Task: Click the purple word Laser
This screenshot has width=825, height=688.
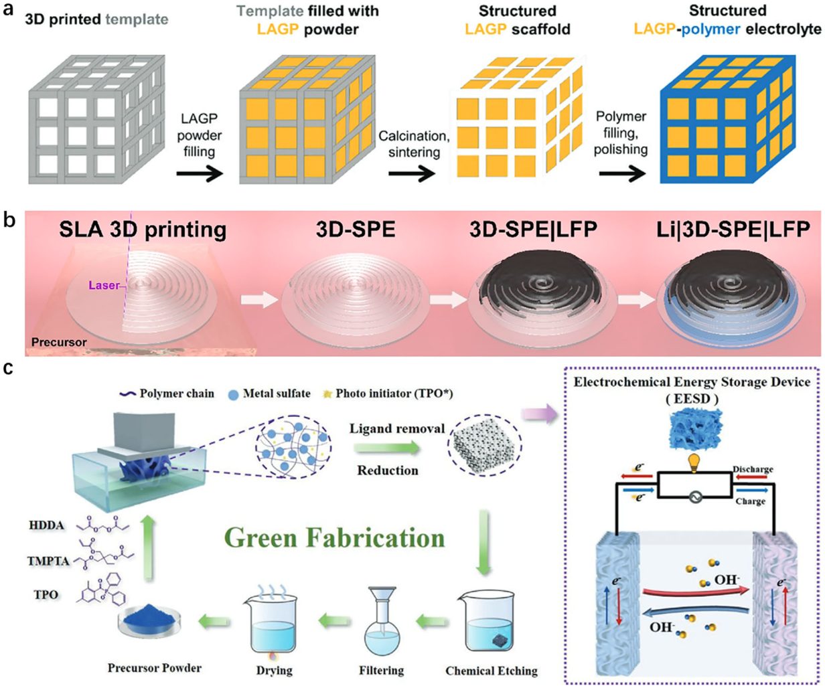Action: point(104,284)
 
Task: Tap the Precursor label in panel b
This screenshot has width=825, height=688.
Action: point(59,342)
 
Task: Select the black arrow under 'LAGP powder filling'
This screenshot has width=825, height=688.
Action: point(200,173)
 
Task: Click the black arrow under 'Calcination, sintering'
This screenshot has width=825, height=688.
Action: point(412,173)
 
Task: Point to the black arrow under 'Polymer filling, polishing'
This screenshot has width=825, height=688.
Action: point(622,173)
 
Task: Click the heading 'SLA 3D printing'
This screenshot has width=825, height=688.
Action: point(143,230)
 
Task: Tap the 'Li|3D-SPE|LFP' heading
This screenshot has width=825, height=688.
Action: point(733,229)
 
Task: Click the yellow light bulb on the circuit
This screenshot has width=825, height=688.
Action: point(694,463)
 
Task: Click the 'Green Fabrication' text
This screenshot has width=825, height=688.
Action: point(335,538)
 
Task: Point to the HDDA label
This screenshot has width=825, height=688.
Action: point(47,525)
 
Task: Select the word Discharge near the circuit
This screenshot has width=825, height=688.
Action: point(753,470)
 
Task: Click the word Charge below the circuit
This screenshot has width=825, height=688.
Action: point(750,501)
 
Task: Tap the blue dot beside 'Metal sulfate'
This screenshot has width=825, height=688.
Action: point(234,395)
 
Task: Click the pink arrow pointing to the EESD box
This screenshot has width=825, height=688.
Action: point(539,414)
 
